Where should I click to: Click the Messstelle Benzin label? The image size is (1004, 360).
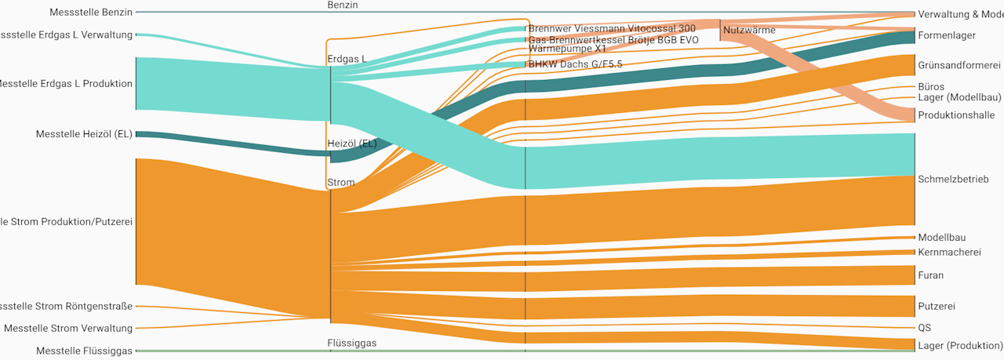91,13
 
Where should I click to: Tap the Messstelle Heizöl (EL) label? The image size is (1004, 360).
84,135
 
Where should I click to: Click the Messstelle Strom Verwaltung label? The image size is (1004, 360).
68,329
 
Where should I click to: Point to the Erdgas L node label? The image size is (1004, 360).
347,60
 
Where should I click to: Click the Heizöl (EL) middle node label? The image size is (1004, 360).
352,144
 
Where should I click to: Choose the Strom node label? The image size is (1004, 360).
341,183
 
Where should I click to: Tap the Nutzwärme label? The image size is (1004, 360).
749,31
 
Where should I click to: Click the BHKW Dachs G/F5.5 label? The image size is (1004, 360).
575,64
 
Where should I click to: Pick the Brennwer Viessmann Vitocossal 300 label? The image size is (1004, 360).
612,29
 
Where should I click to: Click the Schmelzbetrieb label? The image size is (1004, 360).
952,180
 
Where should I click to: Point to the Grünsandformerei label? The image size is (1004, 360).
959,65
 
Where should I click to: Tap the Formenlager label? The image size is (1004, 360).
947,36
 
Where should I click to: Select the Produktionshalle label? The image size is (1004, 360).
956,115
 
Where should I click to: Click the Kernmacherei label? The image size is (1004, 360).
949,253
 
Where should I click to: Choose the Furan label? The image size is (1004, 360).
930,276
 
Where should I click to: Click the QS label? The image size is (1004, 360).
924,328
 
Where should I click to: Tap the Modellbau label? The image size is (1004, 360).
941,238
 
